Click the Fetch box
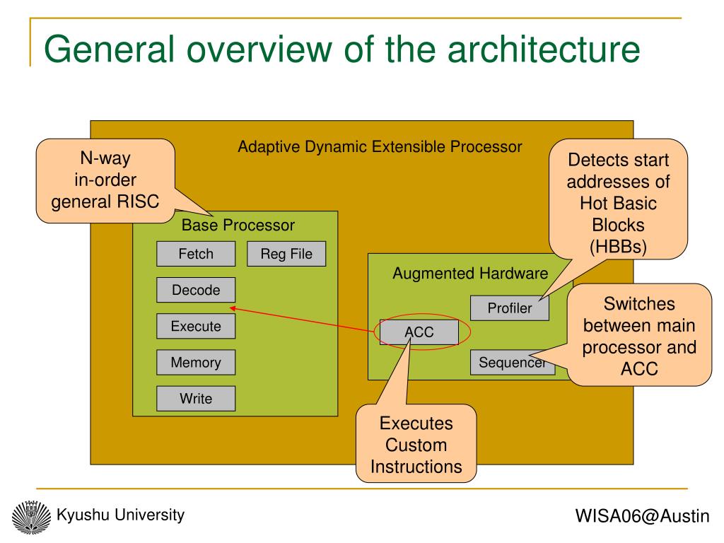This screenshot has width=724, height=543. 196,254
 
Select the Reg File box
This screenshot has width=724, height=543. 286,254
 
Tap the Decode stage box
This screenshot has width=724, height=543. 196,290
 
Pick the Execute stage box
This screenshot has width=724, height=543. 196,326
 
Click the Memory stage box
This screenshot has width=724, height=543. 196,362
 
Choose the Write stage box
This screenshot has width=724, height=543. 196,399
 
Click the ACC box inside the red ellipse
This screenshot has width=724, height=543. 419,332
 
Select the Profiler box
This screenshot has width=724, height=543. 510,308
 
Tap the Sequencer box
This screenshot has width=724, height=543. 513,363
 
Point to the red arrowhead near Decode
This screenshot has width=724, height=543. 233,308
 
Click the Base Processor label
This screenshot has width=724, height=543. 238,225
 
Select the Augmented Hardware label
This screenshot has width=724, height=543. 470,274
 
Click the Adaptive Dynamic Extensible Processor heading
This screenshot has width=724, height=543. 380,147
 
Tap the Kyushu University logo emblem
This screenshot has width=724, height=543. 31,517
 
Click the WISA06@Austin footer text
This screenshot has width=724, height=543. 642,515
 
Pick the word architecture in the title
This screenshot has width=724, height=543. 544,49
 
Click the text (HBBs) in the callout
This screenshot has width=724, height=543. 618,247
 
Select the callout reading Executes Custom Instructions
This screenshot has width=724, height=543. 416,444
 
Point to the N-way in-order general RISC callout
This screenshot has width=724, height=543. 106,180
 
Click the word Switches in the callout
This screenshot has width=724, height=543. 639,304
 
